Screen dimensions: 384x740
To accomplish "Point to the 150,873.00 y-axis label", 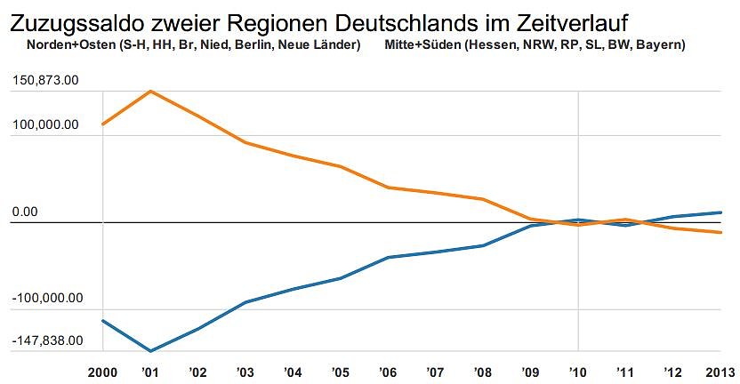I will (x=46, y=81).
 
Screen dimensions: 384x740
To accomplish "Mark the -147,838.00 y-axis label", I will (x=48, y=340).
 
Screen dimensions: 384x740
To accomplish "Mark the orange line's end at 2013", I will (x=720, y=233).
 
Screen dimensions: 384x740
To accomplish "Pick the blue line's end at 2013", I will (x=720, y=212).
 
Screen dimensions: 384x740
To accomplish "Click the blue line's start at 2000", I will (x=103, y=320).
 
